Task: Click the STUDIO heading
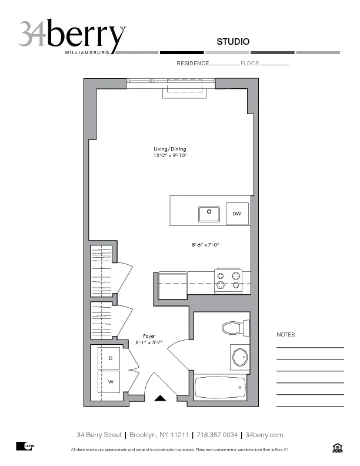[x=233, y=42]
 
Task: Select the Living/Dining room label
[x=169, y=149]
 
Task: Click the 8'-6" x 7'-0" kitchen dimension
[x=205, y=244]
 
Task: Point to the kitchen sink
[x=209, y=214]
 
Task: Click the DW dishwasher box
[x=237, y=214]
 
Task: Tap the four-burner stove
[x=228, y=279]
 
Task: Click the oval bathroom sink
[x=239, y=357]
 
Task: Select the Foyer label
[x=149, y=336]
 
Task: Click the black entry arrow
[x=161, y=399]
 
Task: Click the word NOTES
[x=286, y=335]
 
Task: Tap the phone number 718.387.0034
[x=218, y=435]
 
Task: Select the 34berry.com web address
[x=264, y=435]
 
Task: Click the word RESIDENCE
[x=192, y=63]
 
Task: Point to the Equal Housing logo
[x=337, y=449]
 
